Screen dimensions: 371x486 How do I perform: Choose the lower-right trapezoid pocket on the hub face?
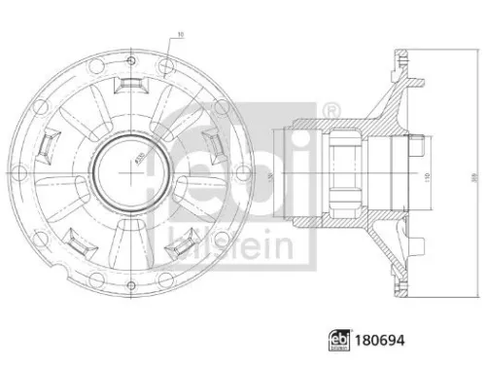click(180, 248)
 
